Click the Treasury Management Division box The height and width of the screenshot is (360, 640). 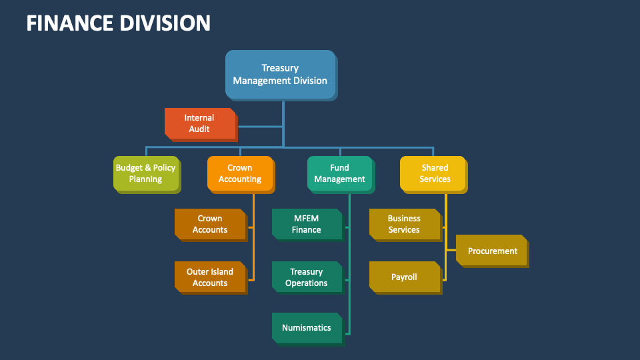pos(280,74)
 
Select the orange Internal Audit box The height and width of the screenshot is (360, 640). pos(199,123)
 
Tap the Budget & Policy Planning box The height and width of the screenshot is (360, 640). pos(145,173)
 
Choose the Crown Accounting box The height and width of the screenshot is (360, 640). pos(239,173)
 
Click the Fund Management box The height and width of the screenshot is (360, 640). pos(339,173)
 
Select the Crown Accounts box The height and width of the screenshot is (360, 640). pos(210,224)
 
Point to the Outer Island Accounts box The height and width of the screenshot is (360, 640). pos(210,277)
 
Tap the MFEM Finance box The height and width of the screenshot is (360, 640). pos(307,224)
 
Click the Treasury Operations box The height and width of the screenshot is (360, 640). pos(307,277)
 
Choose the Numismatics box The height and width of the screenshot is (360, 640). pos(307,328)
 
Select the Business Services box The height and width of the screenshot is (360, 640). pos(404,224)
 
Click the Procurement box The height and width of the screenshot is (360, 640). pos(492,251)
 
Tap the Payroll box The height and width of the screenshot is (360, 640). pos(404,277)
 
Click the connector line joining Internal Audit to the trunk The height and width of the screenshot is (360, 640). pos(260,126)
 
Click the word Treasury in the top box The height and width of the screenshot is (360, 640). pos(280,68)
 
